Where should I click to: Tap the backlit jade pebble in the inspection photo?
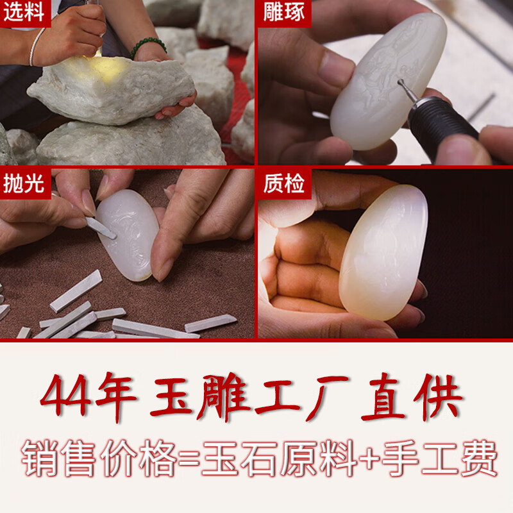pos(383,253)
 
